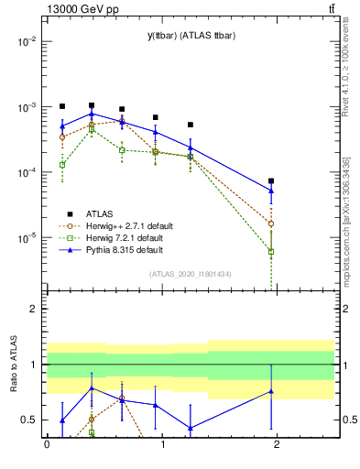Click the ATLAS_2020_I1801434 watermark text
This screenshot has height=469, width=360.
(190, 274)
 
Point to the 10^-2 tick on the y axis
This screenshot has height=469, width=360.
(27, 42)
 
